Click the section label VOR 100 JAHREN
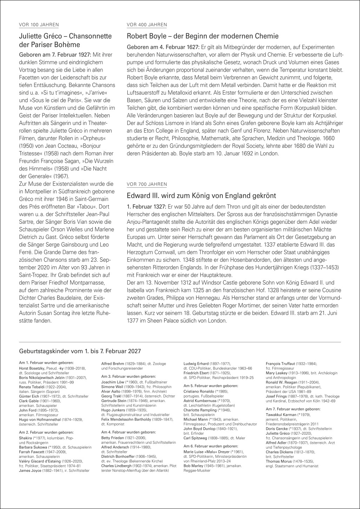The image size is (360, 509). click(x=39, y=25)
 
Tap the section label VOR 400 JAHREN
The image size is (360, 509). click(x=147, y=25)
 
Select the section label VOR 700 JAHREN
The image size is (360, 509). click(x=147, y=184)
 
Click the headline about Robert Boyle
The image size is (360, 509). click(x=202, y=36)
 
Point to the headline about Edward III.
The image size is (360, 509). click(x=201, y=195)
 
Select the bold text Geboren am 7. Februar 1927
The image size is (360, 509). click(x=55, y=55)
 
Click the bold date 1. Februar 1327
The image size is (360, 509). click(x=147, y=206)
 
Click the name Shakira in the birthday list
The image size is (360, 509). click(x=25, y=438)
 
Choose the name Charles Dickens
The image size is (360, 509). click(x=279, y=452)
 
